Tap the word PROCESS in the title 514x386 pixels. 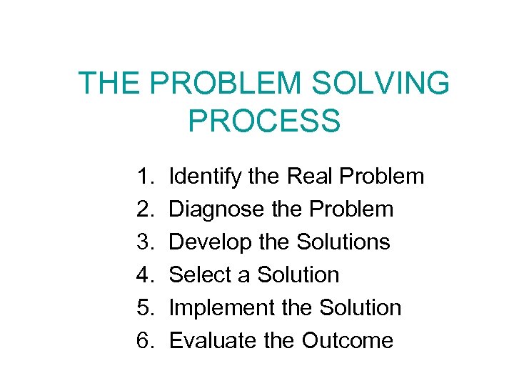point(264,121)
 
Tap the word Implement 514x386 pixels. point(215,308)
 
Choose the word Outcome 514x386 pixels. point(347,340)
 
